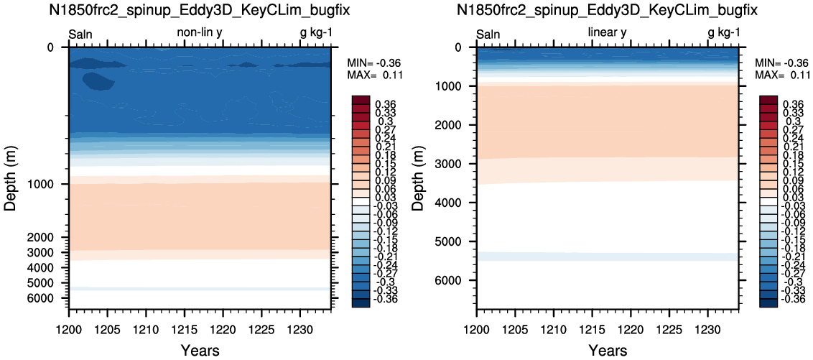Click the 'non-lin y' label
[x=200, y=32]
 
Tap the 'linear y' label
[x=607, y=32]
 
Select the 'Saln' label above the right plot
[x=488, y=34]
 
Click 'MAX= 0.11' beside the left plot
[x=374, y=75]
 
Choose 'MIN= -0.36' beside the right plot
[x=782, y=63]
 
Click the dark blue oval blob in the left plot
[x=98, y=81]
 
